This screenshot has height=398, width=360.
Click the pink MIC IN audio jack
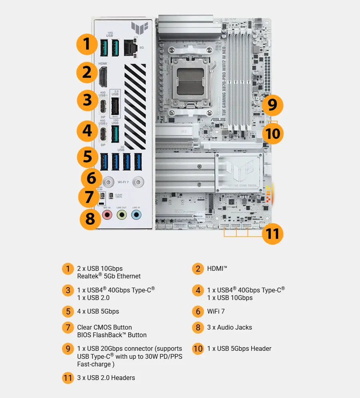107,215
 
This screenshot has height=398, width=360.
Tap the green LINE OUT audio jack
122,215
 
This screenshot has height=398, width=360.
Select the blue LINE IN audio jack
136,215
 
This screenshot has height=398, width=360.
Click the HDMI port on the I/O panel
103,77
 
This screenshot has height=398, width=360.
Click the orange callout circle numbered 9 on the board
272,105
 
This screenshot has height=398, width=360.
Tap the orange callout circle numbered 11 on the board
272,233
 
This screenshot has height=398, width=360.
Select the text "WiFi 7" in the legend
216,311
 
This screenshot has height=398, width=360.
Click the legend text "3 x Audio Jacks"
229,327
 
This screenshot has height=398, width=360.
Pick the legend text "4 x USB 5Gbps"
98,311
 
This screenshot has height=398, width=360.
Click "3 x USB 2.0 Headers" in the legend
106,378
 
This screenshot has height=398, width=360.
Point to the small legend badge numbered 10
198,348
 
